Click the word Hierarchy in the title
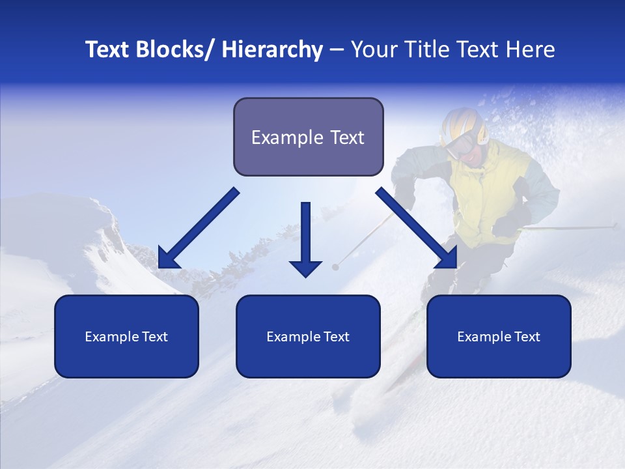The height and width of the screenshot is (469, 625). [x=272, y=50]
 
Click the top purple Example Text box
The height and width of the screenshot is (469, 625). [x=308, y=137]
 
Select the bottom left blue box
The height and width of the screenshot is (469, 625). [x=126, y=336]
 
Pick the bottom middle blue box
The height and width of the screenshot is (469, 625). [x=308, y=336]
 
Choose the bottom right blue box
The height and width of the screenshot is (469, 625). [x=499, y=336]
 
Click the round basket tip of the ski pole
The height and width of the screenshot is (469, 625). [x=335, y=266]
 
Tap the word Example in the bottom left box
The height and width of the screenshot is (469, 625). [x=107, y=337]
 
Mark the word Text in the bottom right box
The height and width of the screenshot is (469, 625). [x=527, y=337]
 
